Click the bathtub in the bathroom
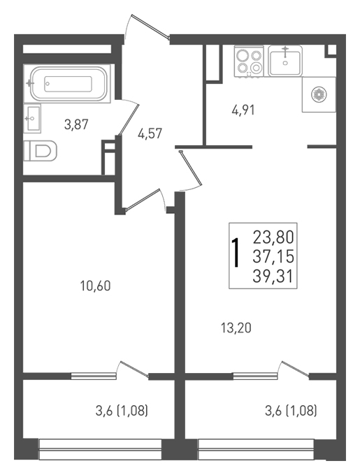[x=69, y=84]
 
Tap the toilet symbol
[x=41, y=151]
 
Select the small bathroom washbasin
[x=32, y=119]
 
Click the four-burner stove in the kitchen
[x=249, y=61]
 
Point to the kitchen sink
[x=285, y=61]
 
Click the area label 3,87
[x=76, y=124]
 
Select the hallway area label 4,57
[x=150, y=133]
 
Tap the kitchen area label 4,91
[x=243, y=110]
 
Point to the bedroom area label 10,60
[x=96, y=286]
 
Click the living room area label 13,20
[x=236, y=328]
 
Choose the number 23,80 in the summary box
[x=273, y=237]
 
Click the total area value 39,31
[x=273, y=276]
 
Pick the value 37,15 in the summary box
[x=273, y=256]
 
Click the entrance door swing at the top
[x=149, y=26]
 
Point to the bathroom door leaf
[x=129, y=120]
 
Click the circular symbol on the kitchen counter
[x=319, y=94]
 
